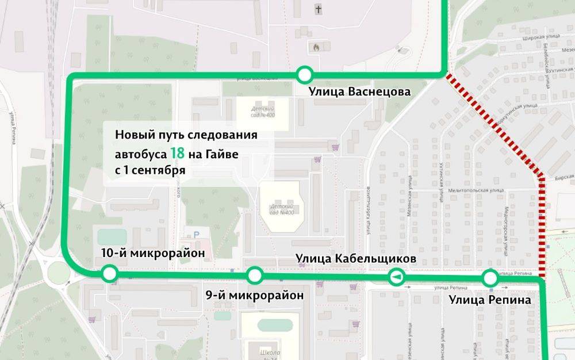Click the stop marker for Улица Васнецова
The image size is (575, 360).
pyautogui.click(x=305, y=75)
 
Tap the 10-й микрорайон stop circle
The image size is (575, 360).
pyautogui.click(x=109, y=274)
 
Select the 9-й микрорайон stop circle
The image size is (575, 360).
pyautogui.click(x=254, y=275)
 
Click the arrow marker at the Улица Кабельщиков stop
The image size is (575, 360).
pyautogui.click(x=396, y=277)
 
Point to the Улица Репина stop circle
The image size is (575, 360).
pyautogui.click(x=490, y=278)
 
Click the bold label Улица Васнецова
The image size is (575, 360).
pyautogui.click(x=359, y=92)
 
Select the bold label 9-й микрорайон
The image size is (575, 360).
pyautogui.click(x=254, y=296)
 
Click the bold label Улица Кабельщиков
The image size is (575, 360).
pyautogui.click(x=356, y=259)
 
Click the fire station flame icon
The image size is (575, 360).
pyautogui.click(x=315, y=47)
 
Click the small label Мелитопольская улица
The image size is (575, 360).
pyautogui.click(x=481, y=190)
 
